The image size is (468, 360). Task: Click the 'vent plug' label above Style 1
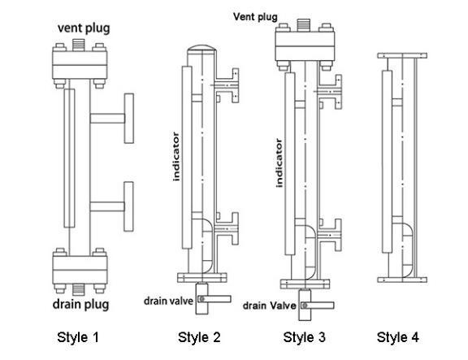click(x=84, y=28)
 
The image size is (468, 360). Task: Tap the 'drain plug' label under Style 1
click(x=80, y=305)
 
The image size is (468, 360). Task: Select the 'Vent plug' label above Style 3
click(x=255, y=17)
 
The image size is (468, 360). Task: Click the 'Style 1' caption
click(x=78, y=337)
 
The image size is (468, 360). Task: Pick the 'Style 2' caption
click(x=199, y=337)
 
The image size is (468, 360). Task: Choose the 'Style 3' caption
click(x=304, y=337)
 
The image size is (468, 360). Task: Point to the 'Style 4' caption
click(x=398, y=337)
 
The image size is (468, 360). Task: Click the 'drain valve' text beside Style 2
click(x=169, y=301)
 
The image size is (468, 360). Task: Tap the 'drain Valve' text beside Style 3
click(x=269, y=306)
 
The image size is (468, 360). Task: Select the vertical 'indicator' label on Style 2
click(x=176, y=157)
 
